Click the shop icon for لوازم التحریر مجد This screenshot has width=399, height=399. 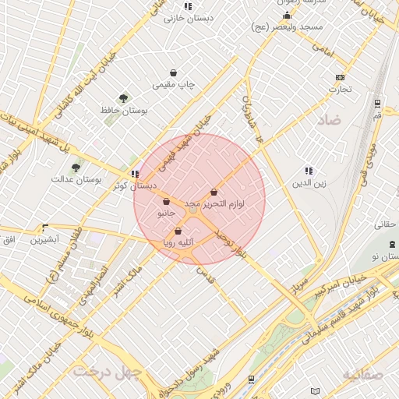click(x=214, y=192)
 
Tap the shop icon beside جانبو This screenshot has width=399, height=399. click(x=166, y=202)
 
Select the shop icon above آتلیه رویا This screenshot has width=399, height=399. click(x=178, y=231)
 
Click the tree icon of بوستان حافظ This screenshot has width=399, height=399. click(x=123, y=98)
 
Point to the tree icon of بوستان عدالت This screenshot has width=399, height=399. click(x=76, y=168)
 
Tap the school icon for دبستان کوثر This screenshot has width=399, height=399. click(x=136, y=175)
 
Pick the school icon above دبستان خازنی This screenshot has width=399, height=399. click(x=187, y=6)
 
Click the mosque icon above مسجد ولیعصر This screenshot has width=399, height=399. click(x=286, y=16)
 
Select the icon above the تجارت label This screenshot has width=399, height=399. click(x=339, y=78)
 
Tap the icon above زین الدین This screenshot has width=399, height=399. click(x=309, y=171)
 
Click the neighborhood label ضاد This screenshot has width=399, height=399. click(x=329, y=120)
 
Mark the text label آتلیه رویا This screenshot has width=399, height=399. click(x=178, y=243)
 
